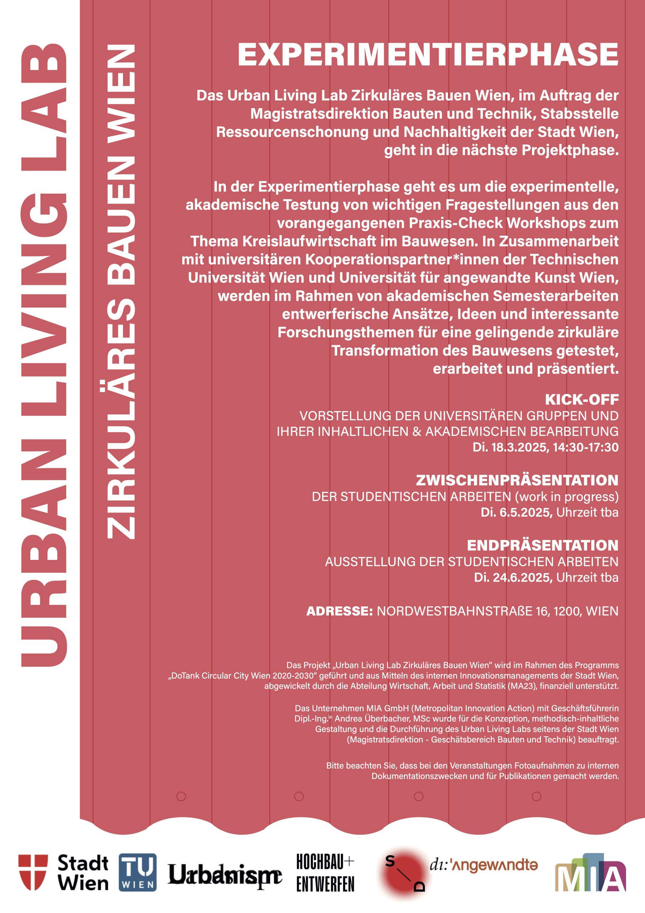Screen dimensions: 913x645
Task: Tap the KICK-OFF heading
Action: tap(582, 399)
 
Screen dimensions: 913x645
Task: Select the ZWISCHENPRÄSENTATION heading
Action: tap(517, 480)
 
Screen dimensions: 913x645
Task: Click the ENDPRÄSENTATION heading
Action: tap(542, 545)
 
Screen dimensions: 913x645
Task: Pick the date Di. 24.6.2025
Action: tap(513, 577)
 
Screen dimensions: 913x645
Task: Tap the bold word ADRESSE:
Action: tap(339, 611)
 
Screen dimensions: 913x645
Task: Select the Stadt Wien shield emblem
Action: tap(33, 872)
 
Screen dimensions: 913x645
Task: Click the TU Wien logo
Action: tap(138, 872)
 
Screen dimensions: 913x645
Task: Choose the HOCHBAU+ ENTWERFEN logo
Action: tap(325, 873)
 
